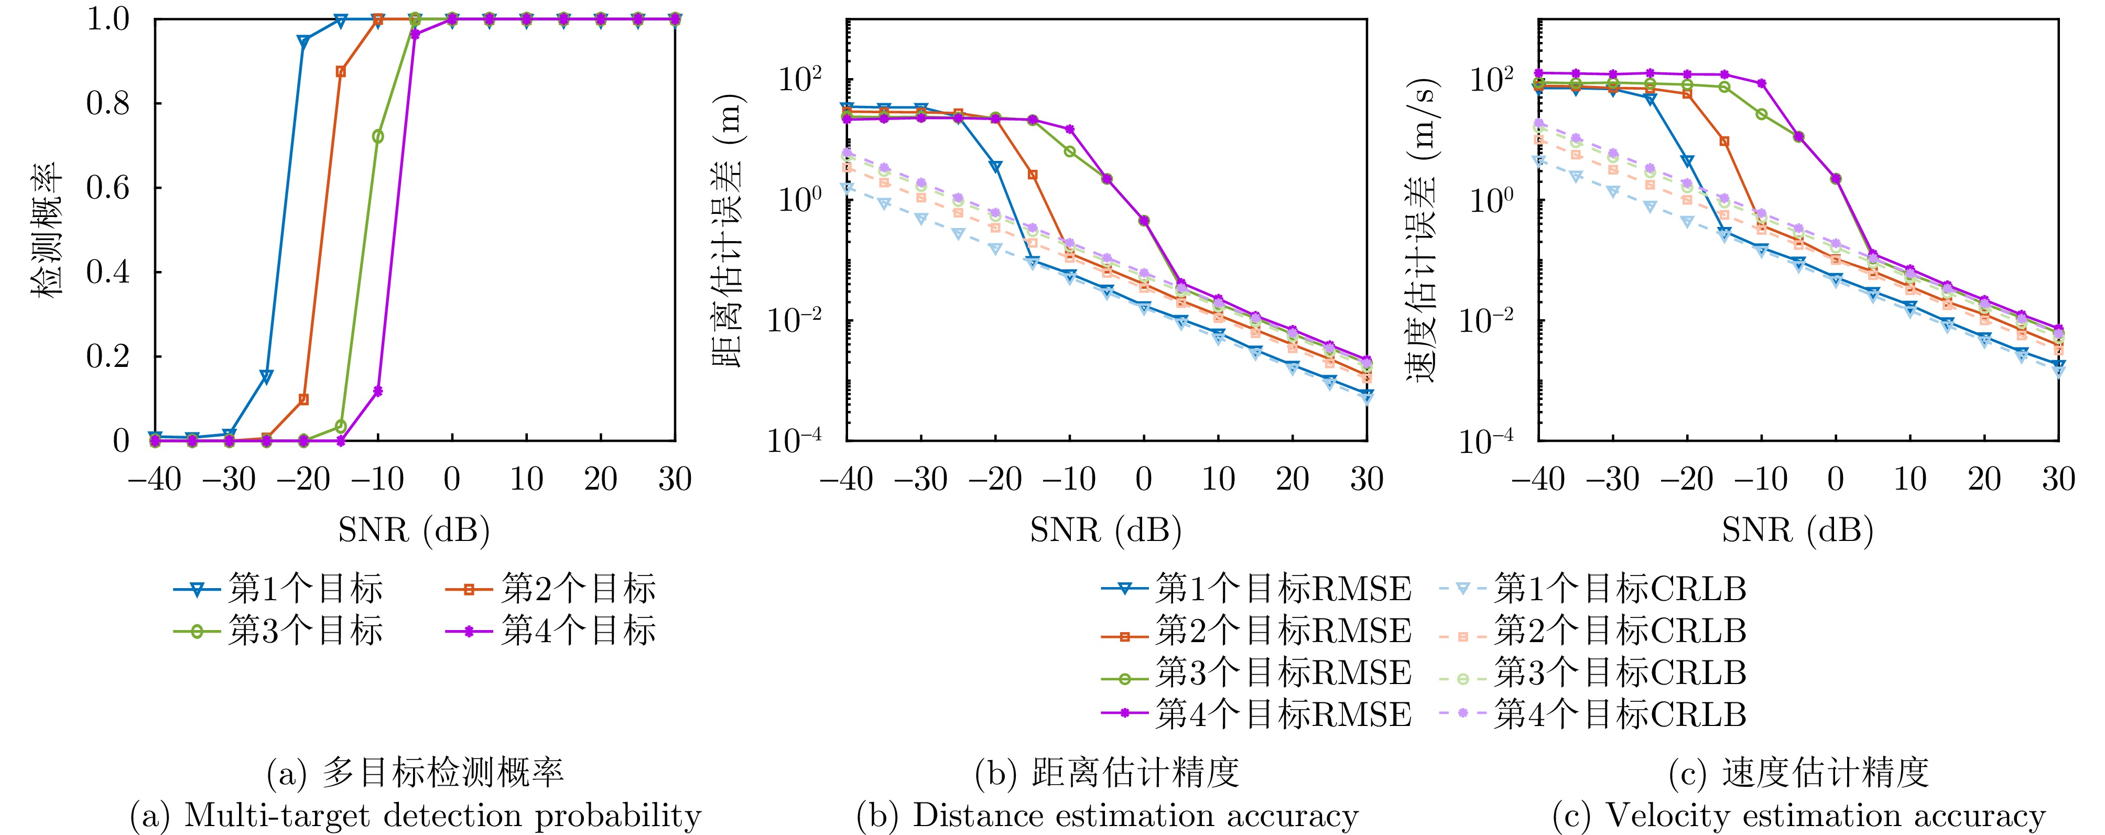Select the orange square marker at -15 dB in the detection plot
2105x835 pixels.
pos(341,72)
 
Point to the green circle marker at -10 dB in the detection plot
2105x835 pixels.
pos(377,136)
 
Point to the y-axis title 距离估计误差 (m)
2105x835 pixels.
pos(729,231)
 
